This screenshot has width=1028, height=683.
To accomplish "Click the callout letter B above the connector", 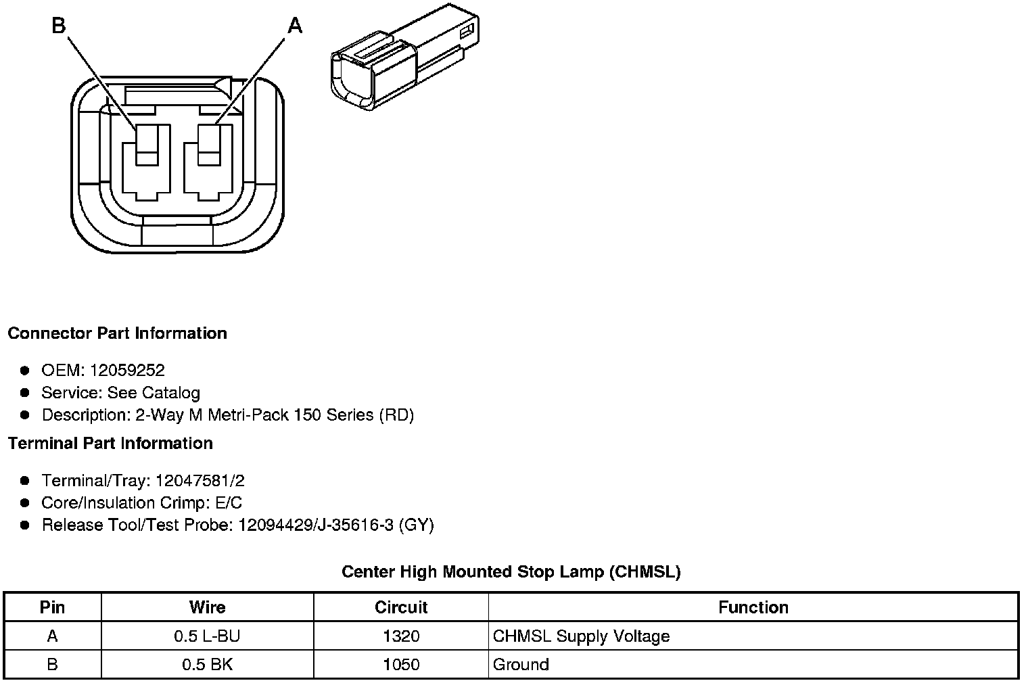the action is (x=59, y=26).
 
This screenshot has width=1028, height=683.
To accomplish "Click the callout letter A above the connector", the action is (x=295, y=26).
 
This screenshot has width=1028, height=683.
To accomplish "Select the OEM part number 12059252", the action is (x=127, y=370).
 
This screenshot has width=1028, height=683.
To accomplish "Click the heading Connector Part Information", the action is (x=117, y=333).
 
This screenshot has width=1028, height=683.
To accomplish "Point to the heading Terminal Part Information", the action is (x=110, y=444).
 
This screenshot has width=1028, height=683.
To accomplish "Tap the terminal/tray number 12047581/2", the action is (x=200, y=481).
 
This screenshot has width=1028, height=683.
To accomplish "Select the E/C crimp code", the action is (x=227, y=503).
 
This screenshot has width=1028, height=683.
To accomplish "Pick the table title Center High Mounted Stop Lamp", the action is (x=511, y=572).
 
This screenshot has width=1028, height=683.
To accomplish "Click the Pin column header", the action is (x=52, y=607).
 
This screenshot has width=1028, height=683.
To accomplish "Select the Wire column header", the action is (x=207, y=607).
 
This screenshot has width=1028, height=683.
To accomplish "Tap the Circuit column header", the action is (x=401, y=607).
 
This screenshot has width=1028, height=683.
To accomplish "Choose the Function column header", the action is (x=753, y=607).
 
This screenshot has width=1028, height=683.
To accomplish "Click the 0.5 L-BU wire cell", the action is (x=207, y=636).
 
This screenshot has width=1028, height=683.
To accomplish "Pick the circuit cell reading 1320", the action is (x=401, y=636).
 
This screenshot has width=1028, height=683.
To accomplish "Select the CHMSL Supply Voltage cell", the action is (x=581, y=636).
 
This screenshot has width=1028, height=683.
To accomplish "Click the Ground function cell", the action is (x=521, y=665).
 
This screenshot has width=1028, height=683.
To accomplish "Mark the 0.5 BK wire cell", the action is (x=207, y=665).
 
